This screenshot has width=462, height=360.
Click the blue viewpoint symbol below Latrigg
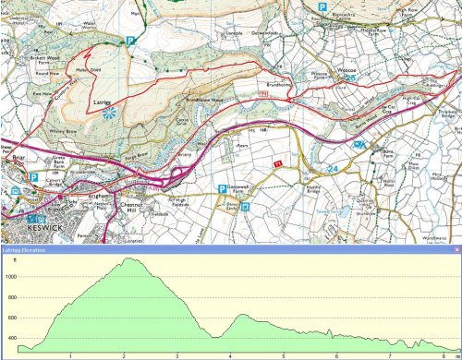tap(110, 114)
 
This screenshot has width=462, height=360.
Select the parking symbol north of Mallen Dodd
tap(130, 41)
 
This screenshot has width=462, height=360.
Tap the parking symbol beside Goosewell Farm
tap(221, 188)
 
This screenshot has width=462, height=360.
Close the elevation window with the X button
tap(456, 248)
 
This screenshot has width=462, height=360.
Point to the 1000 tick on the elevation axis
tap(10, 276)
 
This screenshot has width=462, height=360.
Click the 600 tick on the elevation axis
tap(10, 318)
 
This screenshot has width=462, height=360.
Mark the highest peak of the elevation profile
tap(131, 258)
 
